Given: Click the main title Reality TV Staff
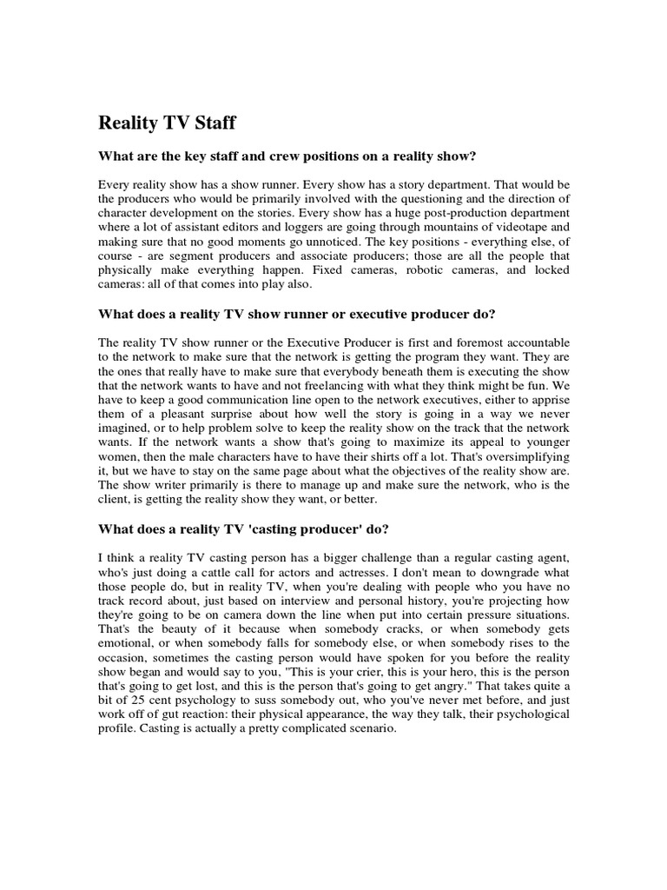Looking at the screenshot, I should point(167,123).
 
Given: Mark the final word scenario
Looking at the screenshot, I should point(369,728).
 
